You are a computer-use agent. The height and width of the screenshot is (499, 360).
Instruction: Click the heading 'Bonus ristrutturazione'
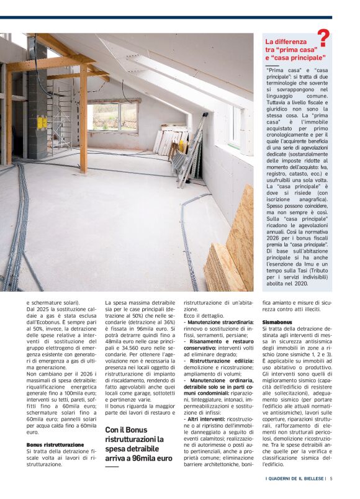tap(55, 446)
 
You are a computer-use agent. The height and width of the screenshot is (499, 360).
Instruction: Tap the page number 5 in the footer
tap(331, 479)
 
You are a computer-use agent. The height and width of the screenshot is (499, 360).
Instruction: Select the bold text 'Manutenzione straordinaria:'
tap(220, 323)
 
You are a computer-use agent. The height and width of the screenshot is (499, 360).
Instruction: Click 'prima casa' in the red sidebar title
tap(299, 49)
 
